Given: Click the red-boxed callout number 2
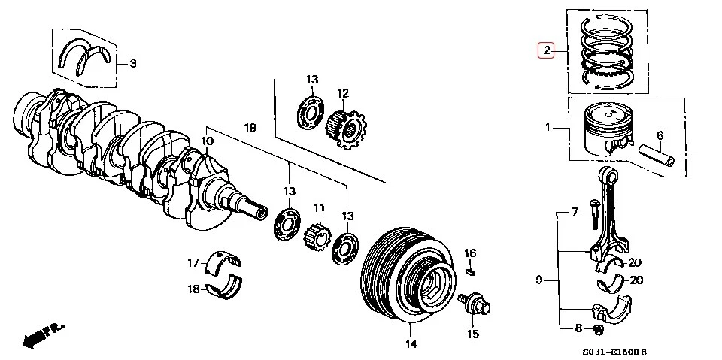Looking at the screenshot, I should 545,51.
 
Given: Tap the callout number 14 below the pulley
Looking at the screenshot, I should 411,345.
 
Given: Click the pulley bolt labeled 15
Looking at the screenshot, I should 476,304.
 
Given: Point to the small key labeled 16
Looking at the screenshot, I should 470,271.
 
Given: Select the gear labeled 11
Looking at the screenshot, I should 315,241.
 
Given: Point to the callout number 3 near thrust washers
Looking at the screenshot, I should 132,63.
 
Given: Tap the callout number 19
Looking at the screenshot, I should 250,128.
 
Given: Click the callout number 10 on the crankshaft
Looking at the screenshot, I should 208,141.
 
